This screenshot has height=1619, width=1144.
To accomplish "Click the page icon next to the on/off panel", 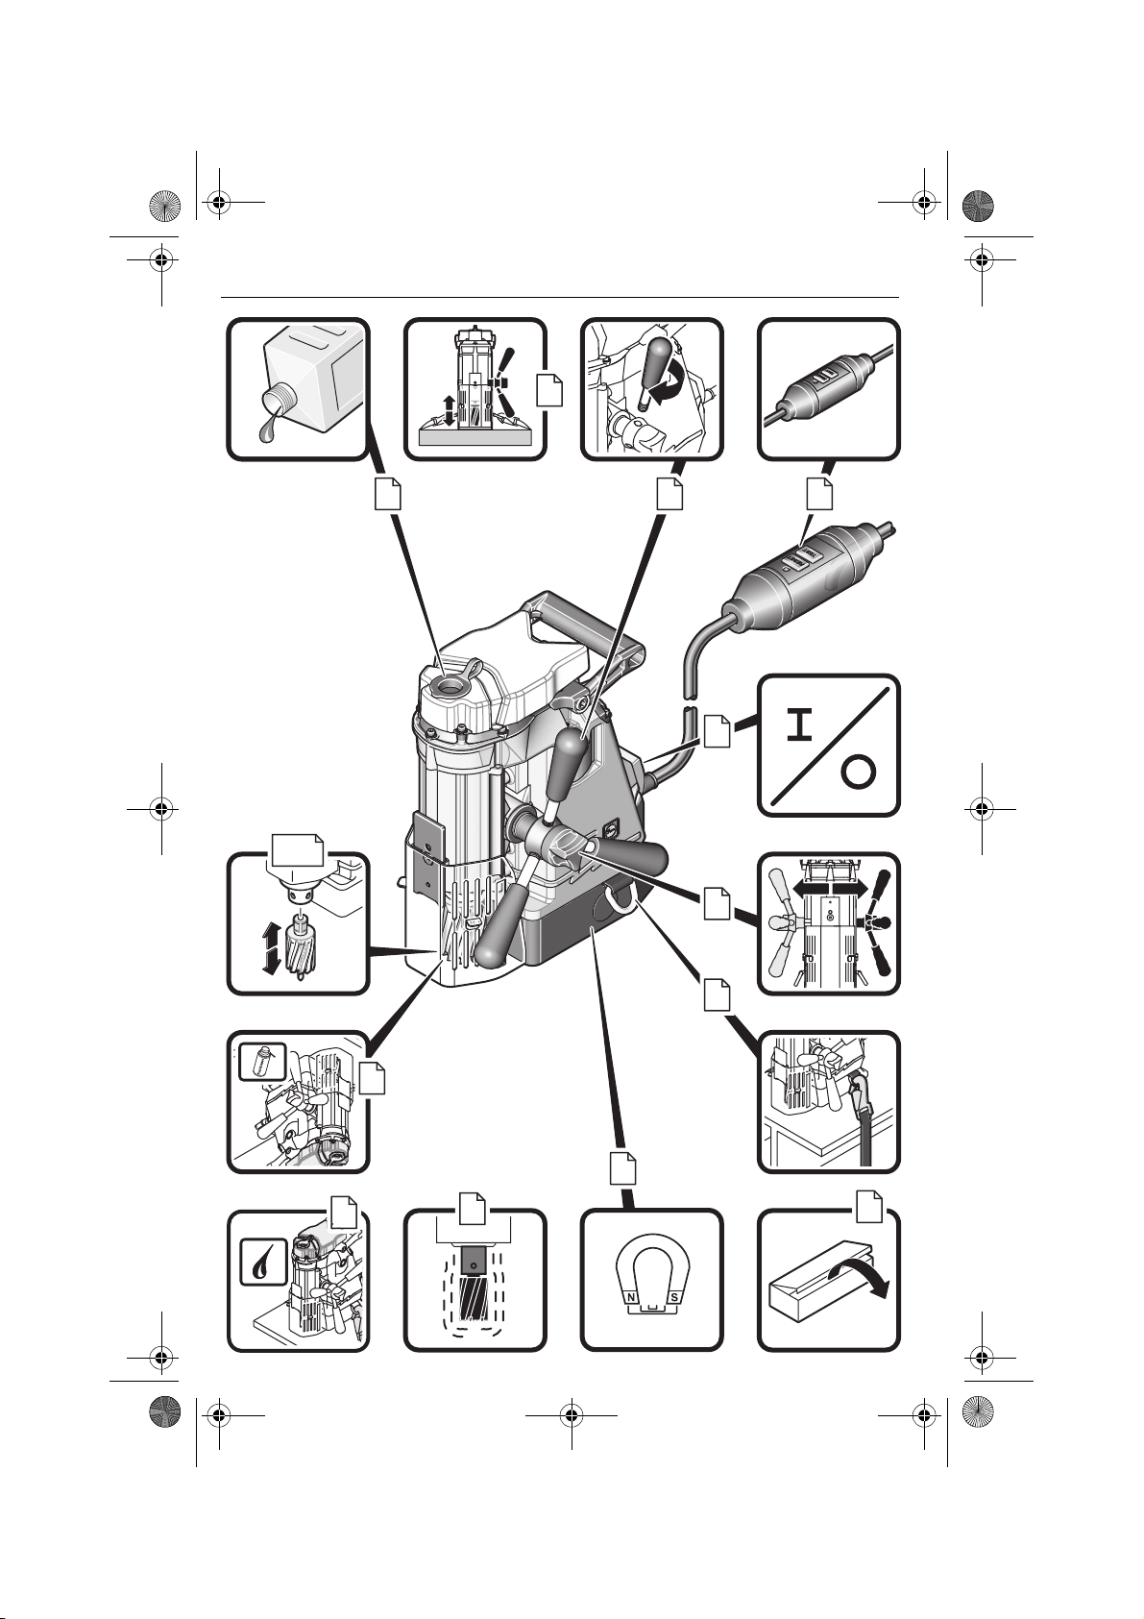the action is (716, 731).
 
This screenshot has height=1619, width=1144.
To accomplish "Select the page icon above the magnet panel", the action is (622, 1168).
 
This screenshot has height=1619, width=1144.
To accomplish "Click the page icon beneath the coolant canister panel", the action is (388, 494).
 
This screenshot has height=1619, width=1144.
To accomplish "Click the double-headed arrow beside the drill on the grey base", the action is (450, 410).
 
